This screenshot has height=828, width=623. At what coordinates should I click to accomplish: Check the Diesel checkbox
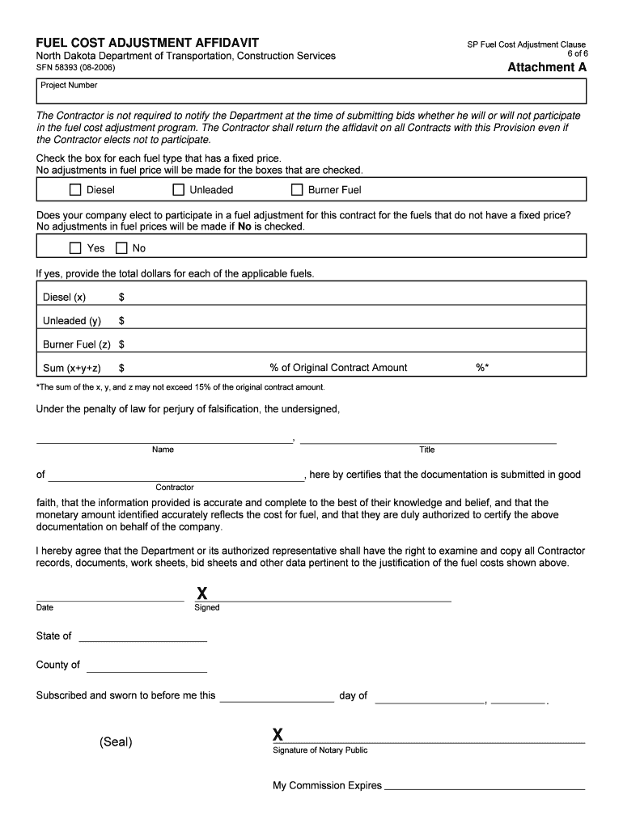pos(75,190)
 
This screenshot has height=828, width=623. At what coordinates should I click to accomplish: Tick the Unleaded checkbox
pos(178,190)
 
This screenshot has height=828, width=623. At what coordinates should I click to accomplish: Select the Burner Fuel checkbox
pos(297,190)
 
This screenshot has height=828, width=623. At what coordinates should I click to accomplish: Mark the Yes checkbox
pos(75,248)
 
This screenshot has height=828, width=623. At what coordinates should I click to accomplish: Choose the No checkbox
pos(121,248)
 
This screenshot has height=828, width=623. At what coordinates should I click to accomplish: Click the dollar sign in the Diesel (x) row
pos(121,298)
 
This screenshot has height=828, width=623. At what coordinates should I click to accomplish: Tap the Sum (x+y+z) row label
pos(72,368)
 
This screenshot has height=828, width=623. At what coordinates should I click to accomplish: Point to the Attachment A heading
pos(546,68)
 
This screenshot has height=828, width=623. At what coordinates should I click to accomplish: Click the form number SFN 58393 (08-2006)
pos(81,68)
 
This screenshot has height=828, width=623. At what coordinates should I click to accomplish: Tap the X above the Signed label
pos(201,596)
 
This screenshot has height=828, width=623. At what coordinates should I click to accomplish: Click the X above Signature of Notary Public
pos(278,735)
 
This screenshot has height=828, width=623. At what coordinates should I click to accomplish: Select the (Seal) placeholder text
pos(116,742)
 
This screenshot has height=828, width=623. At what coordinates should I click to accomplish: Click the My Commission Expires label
pos(327,785)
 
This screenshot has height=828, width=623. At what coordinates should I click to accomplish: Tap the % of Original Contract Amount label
pos(338,368)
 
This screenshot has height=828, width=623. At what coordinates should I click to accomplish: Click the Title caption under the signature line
pos(426,450)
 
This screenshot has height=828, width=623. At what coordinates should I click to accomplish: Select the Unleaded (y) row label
pos(72,321)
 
